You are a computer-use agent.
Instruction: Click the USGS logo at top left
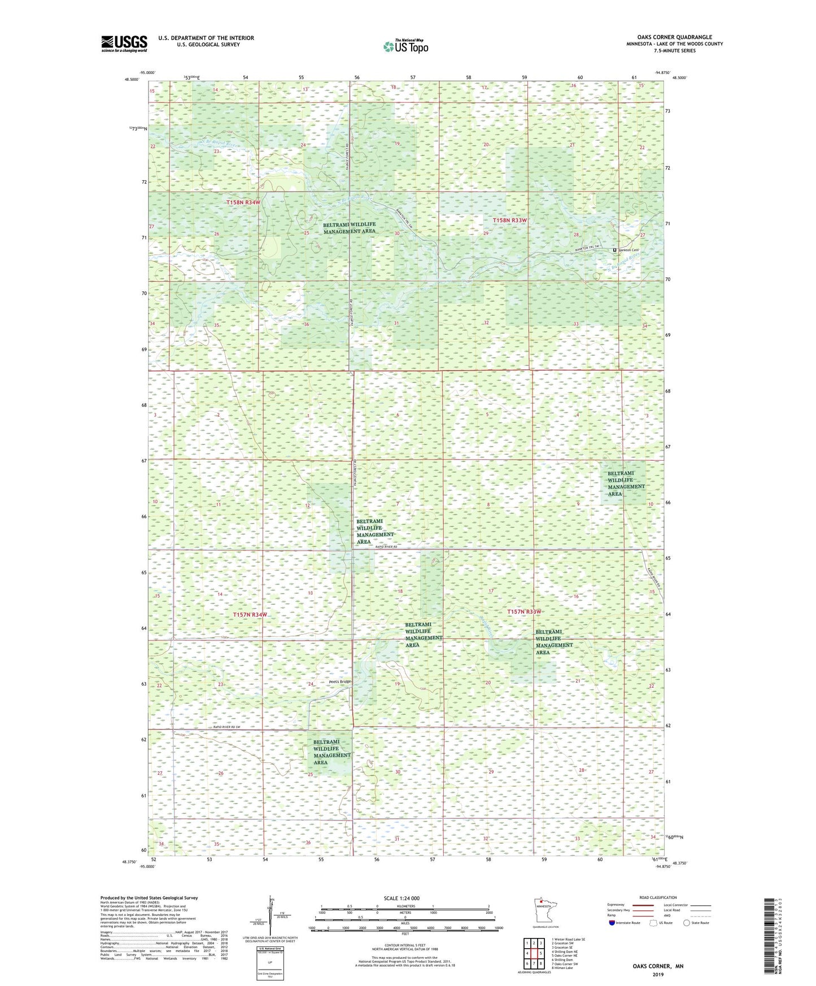coord(124,43)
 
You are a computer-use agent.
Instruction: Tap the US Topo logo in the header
coord(405,46)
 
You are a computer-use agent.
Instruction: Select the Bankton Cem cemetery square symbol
coord(615,250)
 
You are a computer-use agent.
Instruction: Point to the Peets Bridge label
coord(340,682)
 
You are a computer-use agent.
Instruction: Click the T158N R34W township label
coord(243,202)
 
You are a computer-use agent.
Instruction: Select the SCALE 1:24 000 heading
coord(401,898)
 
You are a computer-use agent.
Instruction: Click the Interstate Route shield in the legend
coord(612,923)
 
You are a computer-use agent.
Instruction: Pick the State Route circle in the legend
coord(687,923)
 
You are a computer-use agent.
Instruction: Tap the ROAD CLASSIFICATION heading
coord(658,897)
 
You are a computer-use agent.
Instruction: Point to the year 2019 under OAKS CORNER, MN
coord(657,975)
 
